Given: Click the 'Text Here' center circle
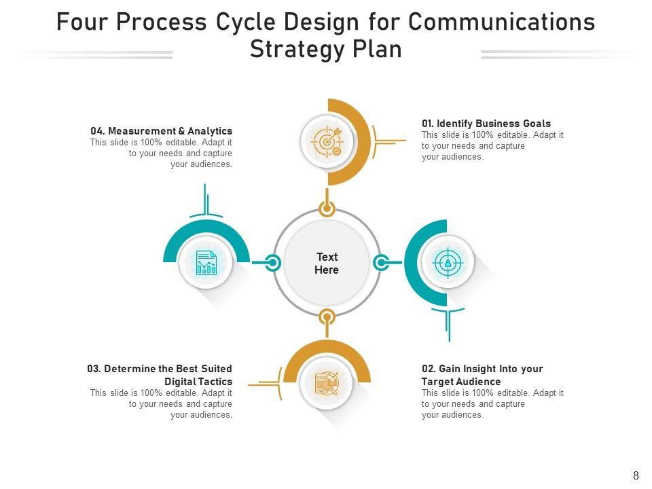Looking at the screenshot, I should coord(327,264).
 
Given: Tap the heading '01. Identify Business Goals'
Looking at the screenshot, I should coord(486,124).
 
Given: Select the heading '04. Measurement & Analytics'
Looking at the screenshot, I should coord(161,131).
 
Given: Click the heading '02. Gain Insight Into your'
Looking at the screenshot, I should coord(482,369).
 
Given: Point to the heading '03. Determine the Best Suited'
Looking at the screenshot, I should coord(160,369).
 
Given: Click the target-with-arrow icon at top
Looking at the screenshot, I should coord(327,141).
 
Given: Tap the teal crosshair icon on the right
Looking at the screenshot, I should coord(446,262).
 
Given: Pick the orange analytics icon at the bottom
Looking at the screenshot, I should coord(327,384).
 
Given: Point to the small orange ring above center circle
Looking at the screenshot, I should coord(327,209).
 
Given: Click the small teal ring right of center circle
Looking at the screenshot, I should coord(381,262).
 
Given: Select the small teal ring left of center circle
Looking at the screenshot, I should coord(272,262).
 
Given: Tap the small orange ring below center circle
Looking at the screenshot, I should coord(327,317).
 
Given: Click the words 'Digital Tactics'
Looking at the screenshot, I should coord(198,382).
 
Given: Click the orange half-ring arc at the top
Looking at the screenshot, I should coord(364,141).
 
